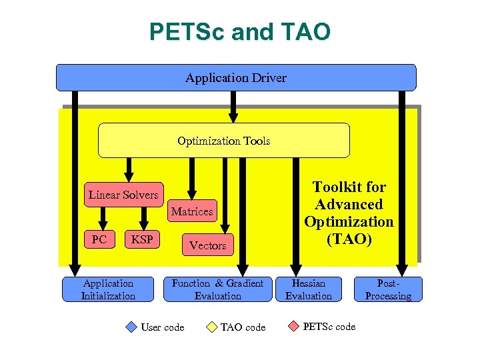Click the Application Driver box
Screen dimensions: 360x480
click(x=236, y=77)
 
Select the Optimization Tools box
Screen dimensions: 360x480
click(x=224, y=141)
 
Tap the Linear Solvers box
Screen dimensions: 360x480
click(x=123, y=195)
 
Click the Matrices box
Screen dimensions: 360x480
click(x=192, y=211)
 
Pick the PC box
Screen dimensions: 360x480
click(x=99, y=239)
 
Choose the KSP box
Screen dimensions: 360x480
click(x=142, y=239)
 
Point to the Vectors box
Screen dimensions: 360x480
click(x=207, y=245)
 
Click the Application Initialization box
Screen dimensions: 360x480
click(x=108, y=289)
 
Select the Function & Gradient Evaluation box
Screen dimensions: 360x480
click(x=217, y=289)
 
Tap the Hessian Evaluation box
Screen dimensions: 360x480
click(x=309, y=289)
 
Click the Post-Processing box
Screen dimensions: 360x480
click(x=388, y=289)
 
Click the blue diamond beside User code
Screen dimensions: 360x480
click(x=131, y=327)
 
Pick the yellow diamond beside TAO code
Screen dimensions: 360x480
click(x=211, y=327)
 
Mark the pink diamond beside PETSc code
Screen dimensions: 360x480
click(x=293, y=326)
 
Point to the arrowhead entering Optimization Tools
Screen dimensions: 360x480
click(x=233, y=118)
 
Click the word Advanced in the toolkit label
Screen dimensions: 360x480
click(x=349, y=204)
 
